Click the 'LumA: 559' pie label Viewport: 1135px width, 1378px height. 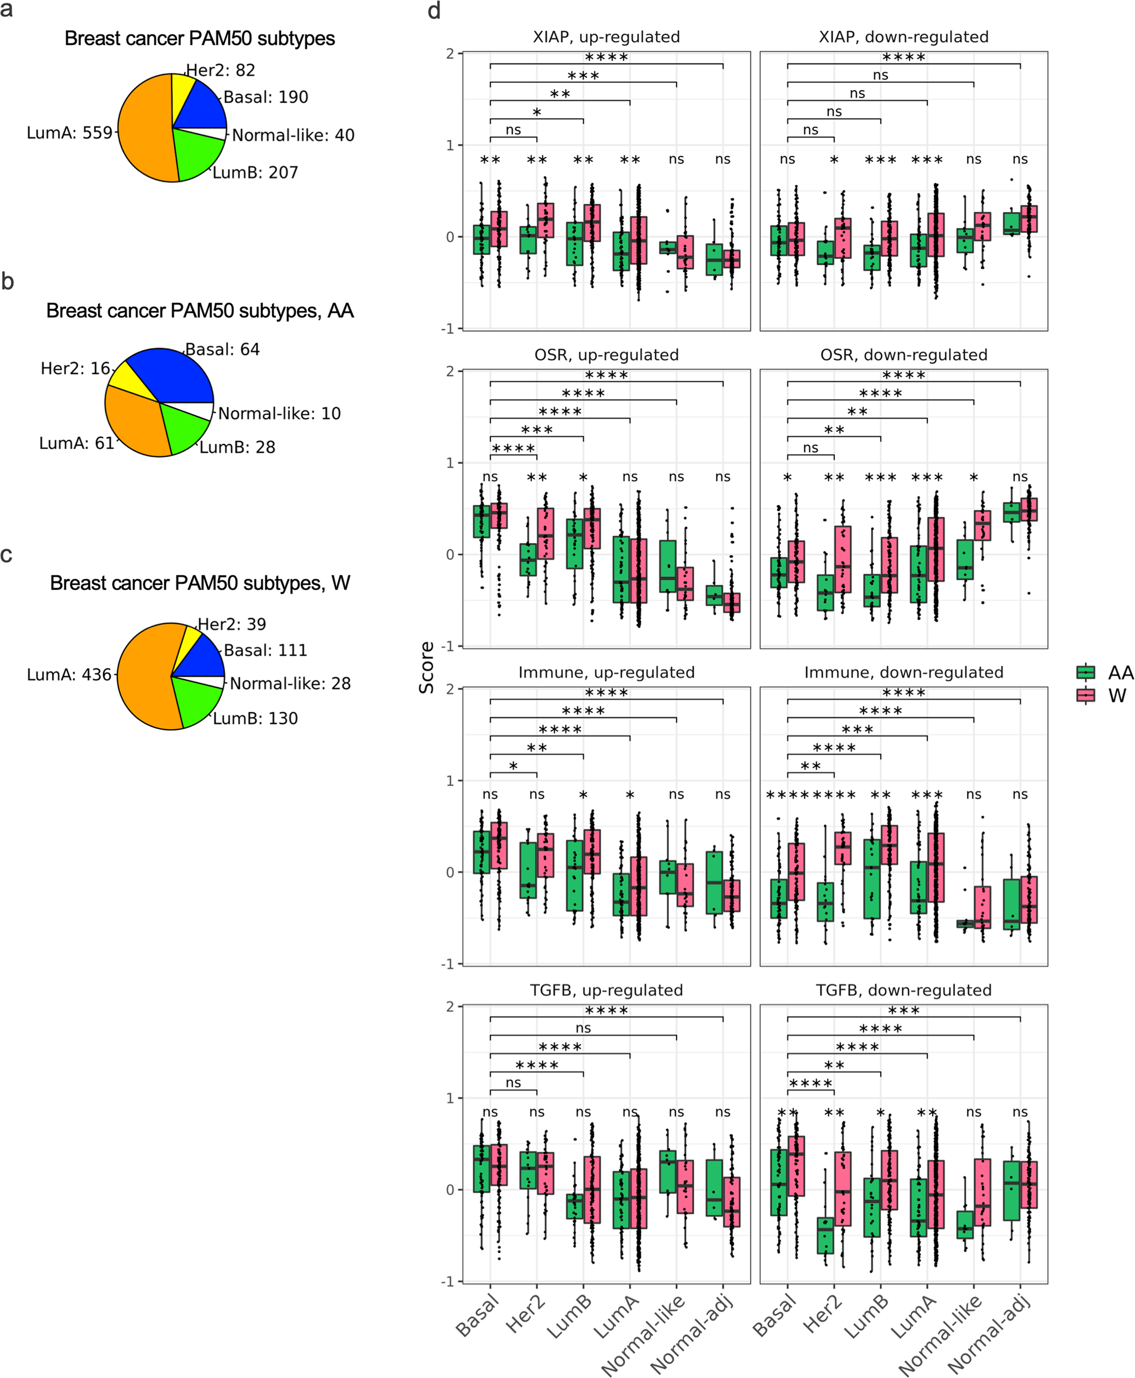69,133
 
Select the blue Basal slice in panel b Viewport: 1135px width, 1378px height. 176,376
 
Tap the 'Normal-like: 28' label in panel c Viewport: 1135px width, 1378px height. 290,683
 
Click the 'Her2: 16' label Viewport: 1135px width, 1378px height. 74,369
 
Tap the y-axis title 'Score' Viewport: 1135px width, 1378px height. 427,667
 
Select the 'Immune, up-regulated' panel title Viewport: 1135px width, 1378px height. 606,672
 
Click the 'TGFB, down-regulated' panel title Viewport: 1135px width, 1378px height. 903,990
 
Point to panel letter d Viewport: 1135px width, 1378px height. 434,11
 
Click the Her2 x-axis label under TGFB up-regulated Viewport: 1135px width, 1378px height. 526,1315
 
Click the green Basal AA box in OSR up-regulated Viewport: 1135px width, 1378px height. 481,521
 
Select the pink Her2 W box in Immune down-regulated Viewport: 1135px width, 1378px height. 843,848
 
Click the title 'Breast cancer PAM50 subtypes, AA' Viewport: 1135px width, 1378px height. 200,311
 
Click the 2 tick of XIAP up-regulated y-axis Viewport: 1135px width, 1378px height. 450,54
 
